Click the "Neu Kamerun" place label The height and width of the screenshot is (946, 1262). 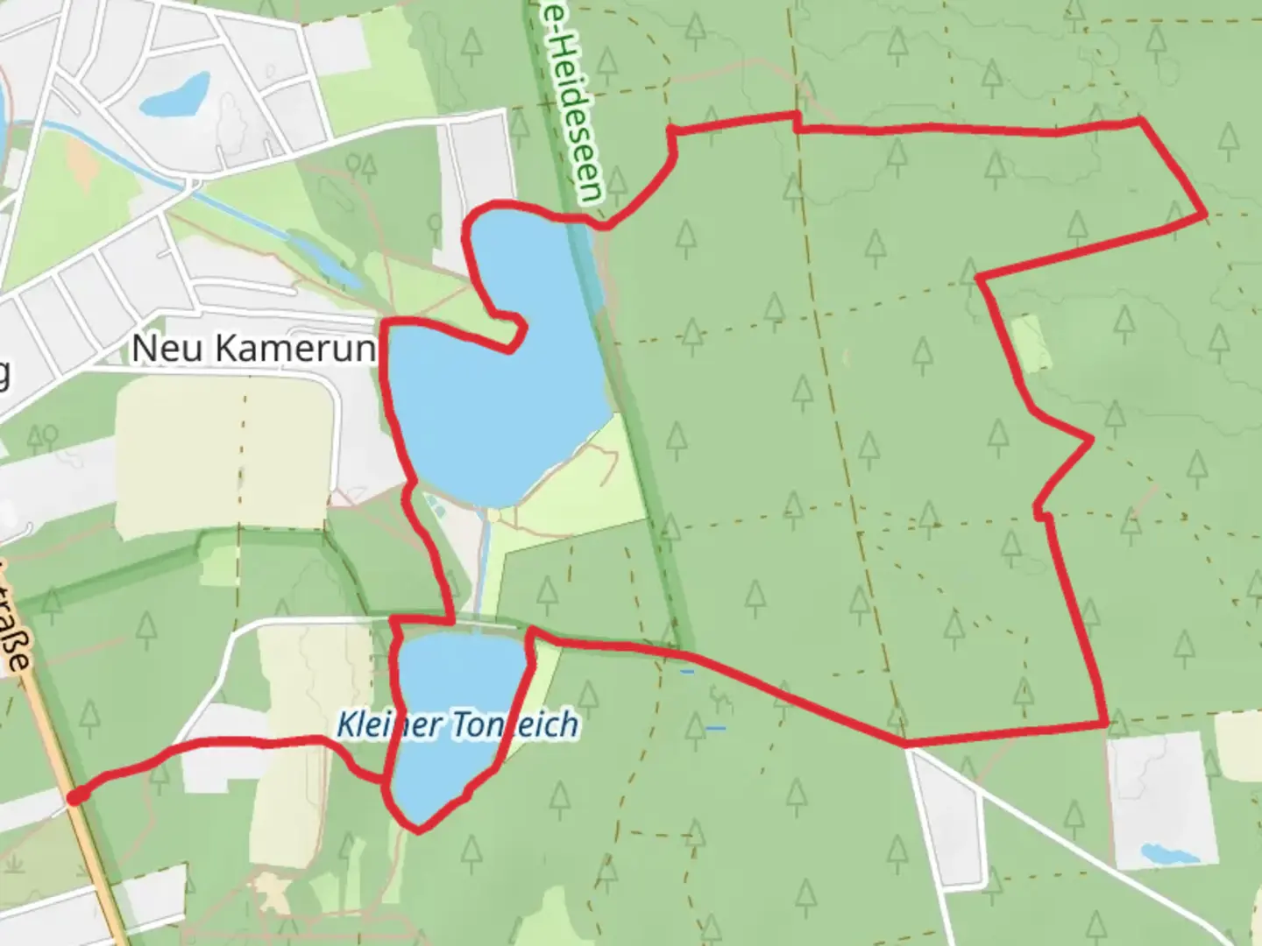point(253,349)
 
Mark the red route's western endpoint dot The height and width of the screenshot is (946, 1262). point(76,795)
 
